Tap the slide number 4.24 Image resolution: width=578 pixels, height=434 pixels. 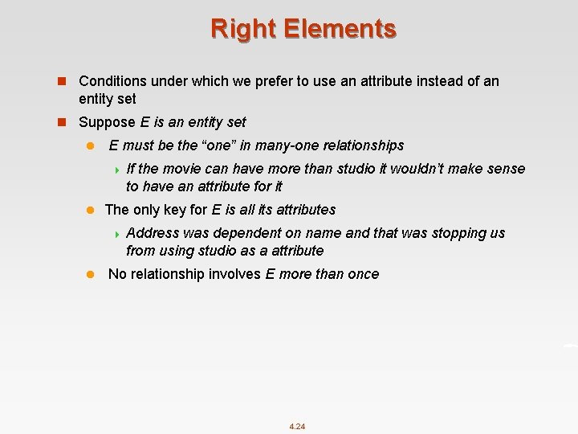297,426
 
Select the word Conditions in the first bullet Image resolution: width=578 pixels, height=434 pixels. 112,81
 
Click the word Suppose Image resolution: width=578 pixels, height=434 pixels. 108,122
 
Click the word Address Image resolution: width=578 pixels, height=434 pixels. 153,233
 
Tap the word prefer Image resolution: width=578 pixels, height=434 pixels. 279,81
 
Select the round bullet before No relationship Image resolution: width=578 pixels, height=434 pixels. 91,274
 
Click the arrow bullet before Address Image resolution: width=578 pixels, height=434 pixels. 117,234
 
